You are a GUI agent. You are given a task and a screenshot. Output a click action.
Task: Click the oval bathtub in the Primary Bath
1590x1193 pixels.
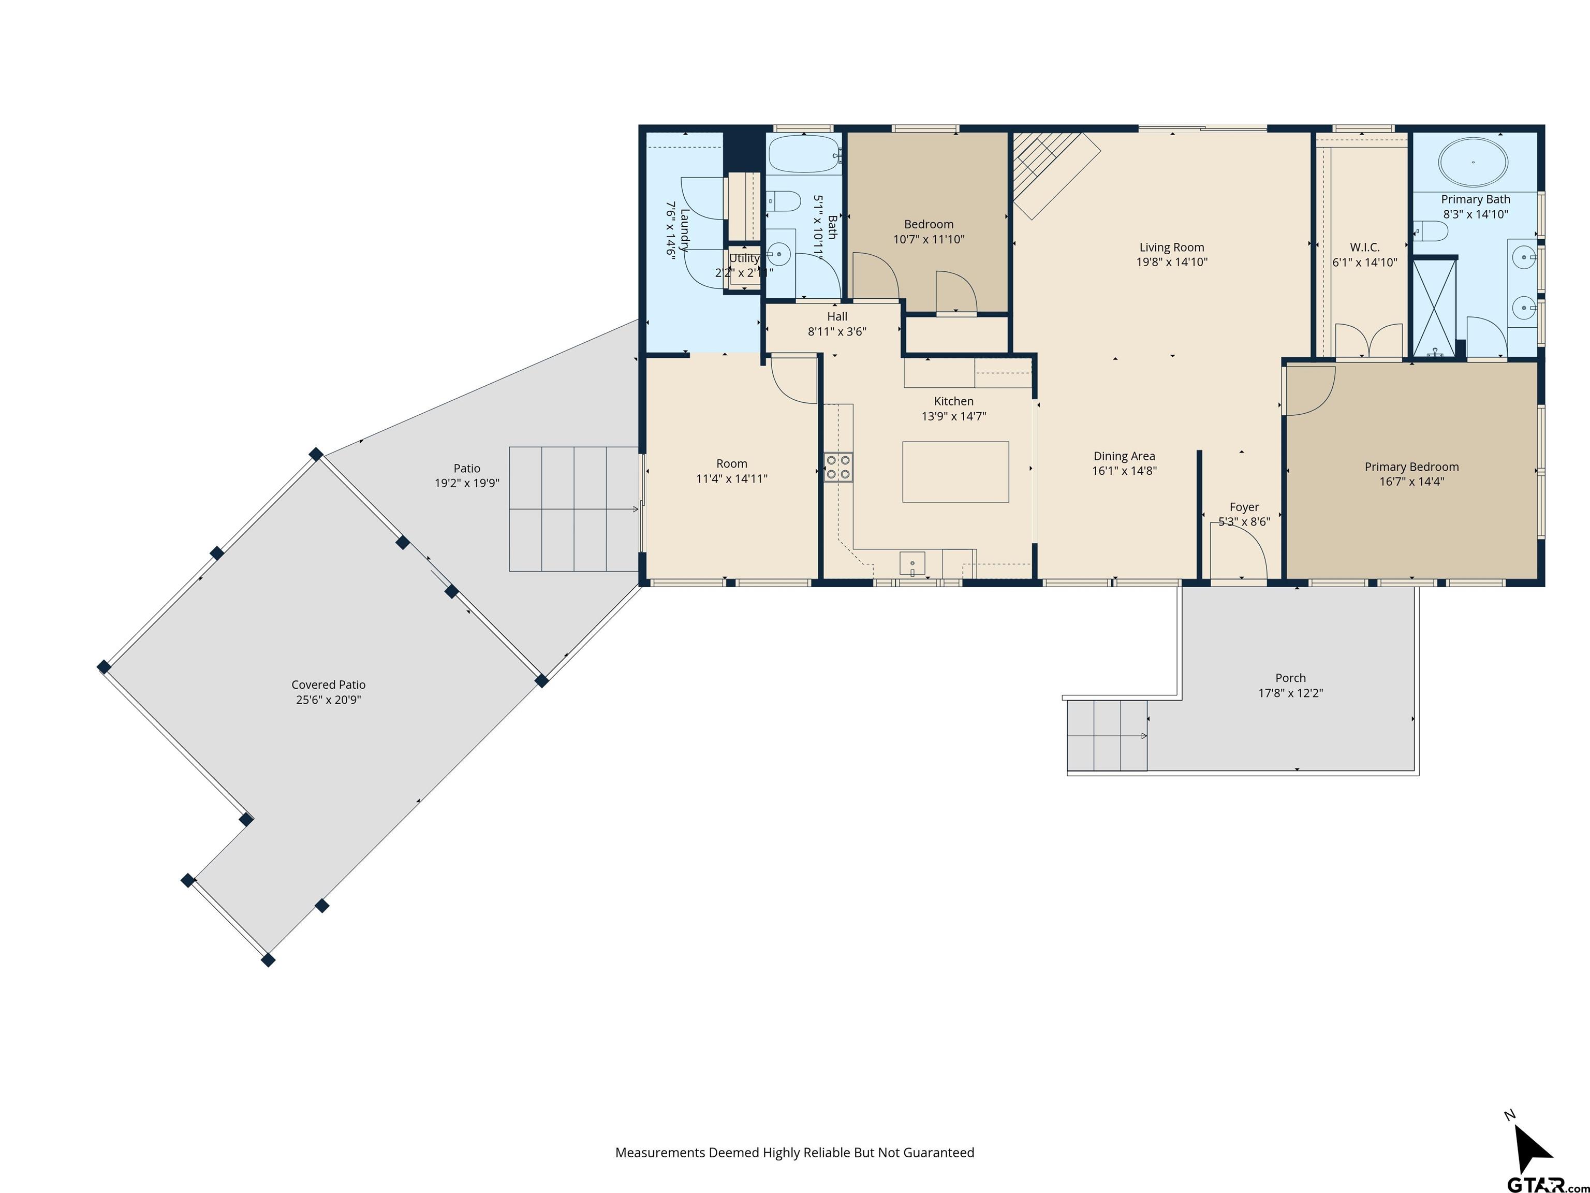(x=1473, y=163)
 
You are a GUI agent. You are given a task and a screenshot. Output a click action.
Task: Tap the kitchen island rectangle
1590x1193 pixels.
(x=955, y=472)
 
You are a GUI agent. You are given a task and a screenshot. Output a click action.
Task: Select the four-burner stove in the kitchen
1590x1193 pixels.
(x=838, y=467)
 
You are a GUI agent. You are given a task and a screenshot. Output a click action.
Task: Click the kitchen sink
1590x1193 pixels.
(x=912, y=563)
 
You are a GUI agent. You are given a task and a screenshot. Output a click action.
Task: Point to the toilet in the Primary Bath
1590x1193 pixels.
(x=1431, y=231)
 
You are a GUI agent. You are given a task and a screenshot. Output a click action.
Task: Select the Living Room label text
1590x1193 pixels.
(x=1172, y=248)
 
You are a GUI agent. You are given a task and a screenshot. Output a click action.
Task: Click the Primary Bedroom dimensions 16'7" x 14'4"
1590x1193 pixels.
(x=1412, y=482)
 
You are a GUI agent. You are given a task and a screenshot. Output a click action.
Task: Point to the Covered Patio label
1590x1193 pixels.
(x=329, y=685)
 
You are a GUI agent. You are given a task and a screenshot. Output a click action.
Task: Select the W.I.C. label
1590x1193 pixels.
(x=1365, y=248)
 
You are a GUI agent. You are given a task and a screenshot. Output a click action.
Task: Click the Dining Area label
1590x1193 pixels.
(x=1124, y=456)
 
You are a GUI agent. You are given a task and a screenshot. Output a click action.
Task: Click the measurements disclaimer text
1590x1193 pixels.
(x=795, y=1153)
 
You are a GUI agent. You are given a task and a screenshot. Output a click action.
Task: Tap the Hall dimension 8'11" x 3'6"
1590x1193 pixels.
(x=837, y=331)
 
